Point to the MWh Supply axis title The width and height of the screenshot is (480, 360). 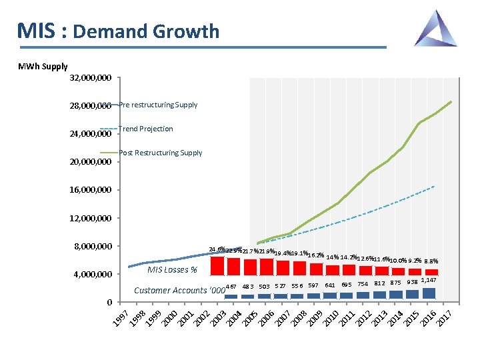point(43,66)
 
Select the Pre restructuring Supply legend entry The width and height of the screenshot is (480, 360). point(158,105)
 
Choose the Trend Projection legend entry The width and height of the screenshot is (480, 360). point(145,129)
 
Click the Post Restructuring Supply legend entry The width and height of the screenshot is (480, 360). point(160,153)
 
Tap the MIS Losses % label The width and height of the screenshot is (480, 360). point(172,270)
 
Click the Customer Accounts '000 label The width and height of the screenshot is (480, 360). point(179,290)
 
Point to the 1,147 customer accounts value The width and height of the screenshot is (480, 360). point(429,280)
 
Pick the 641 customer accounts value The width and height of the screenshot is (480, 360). point(330,285)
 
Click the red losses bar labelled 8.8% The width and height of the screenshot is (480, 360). point(431,272)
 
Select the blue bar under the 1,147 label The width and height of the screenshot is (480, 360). point(429,293)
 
